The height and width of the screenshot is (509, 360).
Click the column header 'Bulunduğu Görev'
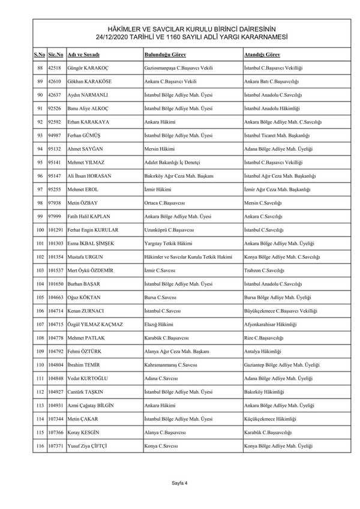[x=165, y=55]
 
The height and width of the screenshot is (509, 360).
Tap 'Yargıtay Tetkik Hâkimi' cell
[x=169, y=243]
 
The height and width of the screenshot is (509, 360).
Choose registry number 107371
[x=56, y=446]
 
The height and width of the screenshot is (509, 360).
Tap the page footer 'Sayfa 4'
[x=180, y=482]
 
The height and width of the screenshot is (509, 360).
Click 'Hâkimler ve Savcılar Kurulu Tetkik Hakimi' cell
[x=188, y=257]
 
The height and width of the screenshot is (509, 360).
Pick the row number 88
[x=40, y=68]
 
